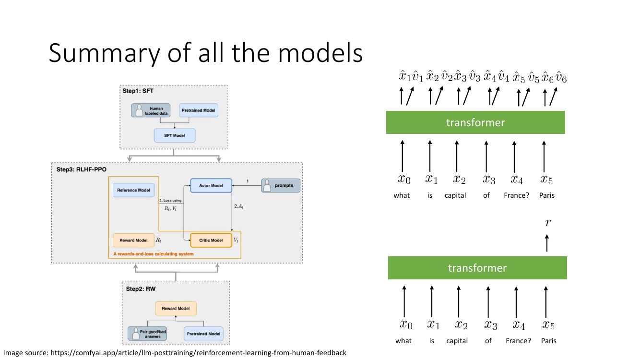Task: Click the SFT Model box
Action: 175,135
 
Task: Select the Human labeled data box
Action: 151,110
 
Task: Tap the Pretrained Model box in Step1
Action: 199,110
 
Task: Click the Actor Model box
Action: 211,186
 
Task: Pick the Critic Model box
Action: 211,240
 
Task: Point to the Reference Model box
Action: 133,190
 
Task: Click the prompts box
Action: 281,186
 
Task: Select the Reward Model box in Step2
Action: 176,309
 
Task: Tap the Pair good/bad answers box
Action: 147,334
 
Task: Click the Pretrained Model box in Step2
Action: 203,334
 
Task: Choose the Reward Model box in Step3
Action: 133,240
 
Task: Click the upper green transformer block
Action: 475,122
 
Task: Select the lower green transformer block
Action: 477,268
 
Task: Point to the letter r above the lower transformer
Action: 548,222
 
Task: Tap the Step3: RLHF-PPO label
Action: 82,169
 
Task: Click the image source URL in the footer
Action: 198,353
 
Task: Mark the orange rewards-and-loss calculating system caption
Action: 154,254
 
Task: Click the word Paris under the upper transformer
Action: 547,195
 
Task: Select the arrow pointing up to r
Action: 547,243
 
